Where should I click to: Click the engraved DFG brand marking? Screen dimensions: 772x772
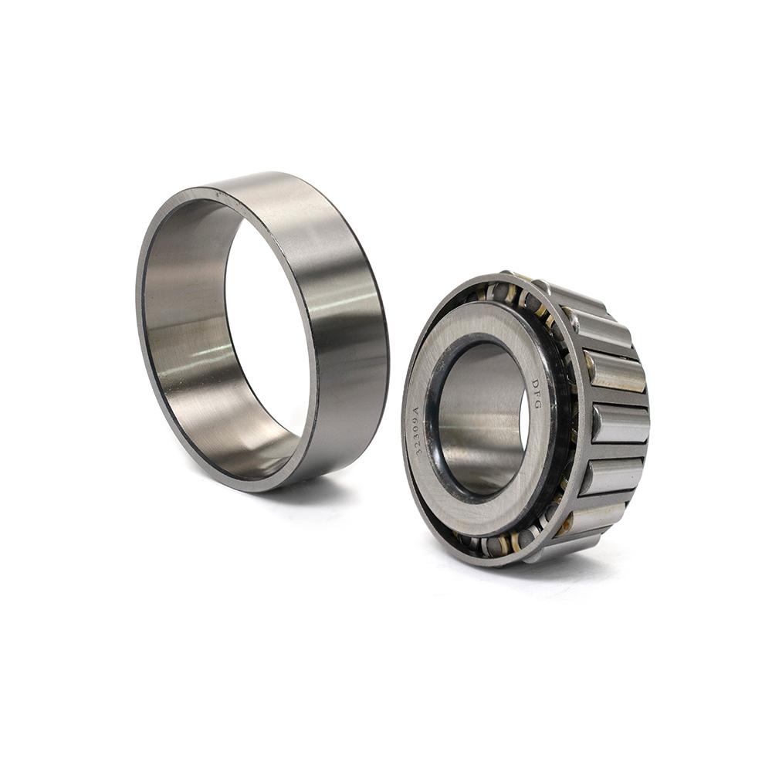tap(537, 394)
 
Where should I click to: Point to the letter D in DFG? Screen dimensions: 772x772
tap(535, 383)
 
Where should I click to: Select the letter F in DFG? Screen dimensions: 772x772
tap(537, 394)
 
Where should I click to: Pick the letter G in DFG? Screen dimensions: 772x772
tap(537, 405)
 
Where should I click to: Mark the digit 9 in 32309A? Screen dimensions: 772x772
tap(415, 418)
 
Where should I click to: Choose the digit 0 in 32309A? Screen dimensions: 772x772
tap(416, 426)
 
